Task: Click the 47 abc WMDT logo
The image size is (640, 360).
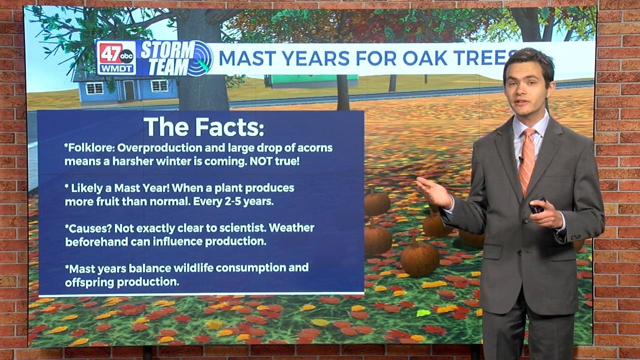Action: click(x=116, y=58)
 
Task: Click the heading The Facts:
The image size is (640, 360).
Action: click(x=203, y=127)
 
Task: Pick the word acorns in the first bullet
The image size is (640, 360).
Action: click(x=314, y=148)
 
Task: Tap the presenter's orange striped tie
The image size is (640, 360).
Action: click(x=527, y=160)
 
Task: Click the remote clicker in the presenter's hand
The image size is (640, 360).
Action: click(x=538, y=204)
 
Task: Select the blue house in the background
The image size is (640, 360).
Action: click(x=125, y=88)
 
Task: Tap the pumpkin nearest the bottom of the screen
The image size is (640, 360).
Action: click(x=419, y=258)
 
